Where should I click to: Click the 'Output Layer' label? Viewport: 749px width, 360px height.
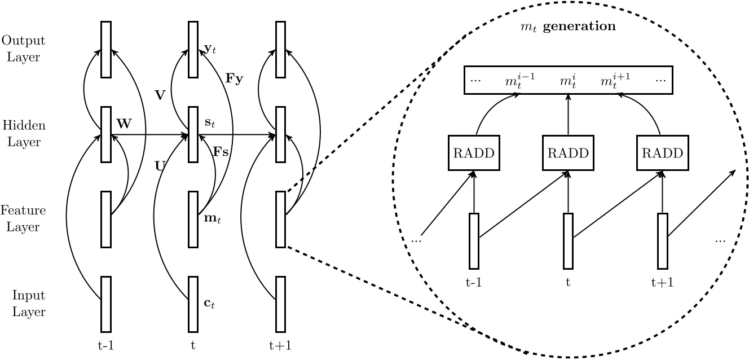click(23, 49)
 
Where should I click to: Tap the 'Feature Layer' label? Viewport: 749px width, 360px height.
click(23, 219)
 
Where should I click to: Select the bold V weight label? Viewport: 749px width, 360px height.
click(160, 95)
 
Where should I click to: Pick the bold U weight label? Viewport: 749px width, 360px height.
click(160, 166)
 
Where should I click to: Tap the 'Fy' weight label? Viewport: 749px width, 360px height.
click(234, 78)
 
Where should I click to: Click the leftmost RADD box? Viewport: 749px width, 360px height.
click(472, 153)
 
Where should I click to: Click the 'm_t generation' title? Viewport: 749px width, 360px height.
click(567, 27)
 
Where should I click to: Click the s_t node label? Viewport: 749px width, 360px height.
click(209, 122)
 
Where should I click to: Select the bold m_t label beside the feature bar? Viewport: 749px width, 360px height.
click(211, 218)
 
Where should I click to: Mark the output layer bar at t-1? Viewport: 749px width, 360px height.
click(106, 49)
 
